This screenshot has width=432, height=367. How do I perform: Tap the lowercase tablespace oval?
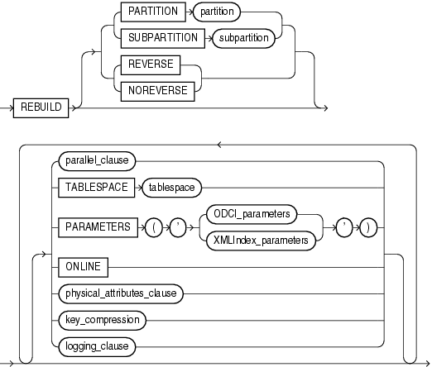171,188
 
